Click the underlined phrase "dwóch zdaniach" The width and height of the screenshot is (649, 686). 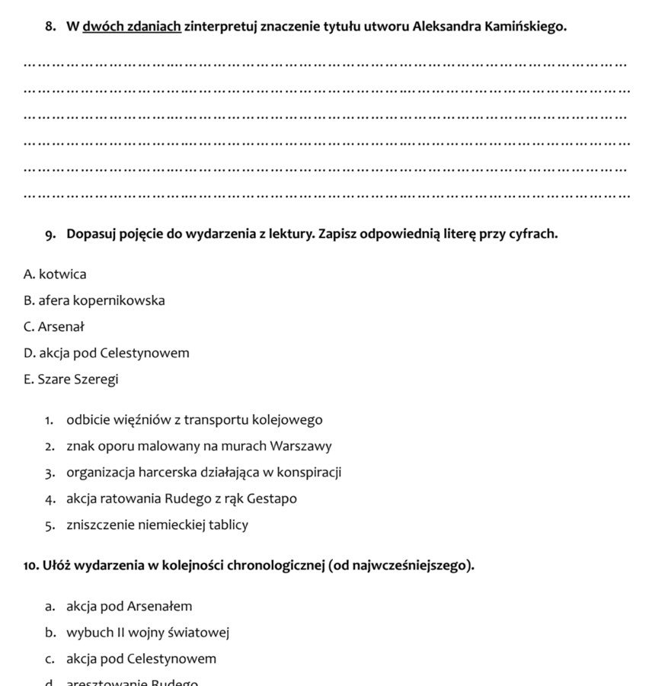tap(131, 27)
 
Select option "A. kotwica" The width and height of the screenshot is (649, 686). tap(55, 274)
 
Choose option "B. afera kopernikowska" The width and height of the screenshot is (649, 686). tap(94, 300)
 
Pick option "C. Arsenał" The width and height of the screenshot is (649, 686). tap(54, 327)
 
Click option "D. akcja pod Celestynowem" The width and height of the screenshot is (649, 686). tap(107, 353)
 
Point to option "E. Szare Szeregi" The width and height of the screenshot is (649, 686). tap(71, 380)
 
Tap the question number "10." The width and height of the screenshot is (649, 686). tap(31, 566)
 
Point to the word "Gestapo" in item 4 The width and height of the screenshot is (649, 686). tap(272, 499)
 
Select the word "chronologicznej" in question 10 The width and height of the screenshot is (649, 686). tap(280, 566)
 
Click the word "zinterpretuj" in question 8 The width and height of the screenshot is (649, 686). tap(221, 27)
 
